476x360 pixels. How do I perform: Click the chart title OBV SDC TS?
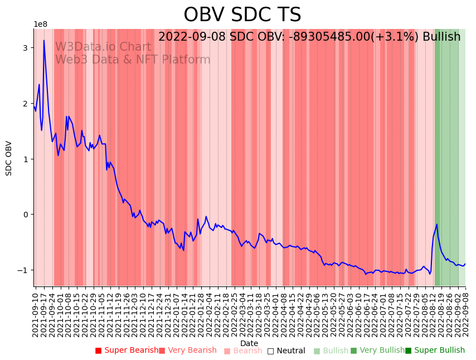coord(242,15)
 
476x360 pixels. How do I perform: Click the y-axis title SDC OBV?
coord(9,158)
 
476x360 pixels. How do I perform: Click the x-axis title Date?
coord(249,343)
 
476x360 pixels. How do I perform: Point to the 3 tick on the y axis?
coord(25,48)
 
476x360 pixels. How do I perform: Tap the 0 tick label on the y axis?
coord(25,215)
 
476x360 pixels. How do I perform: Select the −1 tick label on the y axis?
coord(23,270)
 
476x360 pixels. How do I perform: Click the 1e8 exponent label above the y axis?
coord(41,24)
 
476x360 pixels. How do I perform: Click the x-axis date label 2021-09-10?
coord(36,313)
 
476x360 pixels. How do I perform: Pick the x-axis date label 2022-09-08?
coord(465,313)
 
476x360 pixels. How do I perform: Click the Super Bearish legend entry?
coord(127,351)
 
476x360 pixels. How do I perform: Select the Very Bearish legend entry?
coord(188,351)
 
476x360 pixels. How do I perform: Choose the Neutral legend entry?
coord(286,351)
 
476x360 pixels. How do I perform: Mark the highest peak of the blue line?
coord(44,40)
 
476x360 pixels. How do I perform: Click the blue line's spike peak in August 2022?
coord(437,224)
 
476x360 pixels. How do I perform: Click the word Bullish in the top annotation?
coord(441,37)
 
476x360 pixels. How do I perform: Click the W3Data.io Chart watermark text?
coord(103,47)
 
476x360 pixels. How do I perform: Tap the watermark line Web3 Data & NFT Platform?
coord(133,60)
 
